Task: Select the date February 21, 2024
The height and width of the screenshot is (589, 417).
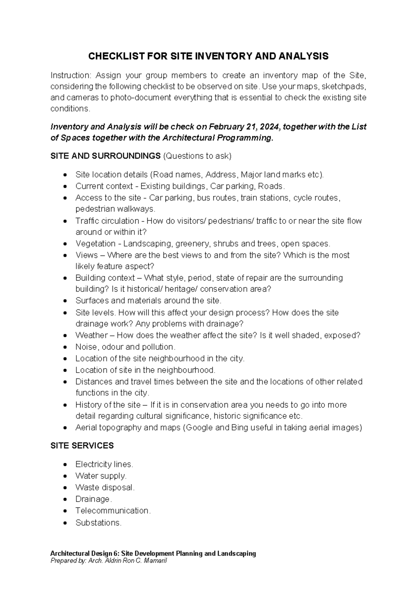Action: pos(240,127)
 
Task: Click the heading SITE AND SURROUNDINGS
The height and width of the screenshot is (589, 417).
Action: pos(105,156)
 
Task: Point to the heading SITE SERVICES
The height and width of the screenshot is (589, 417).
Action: pos(82,446)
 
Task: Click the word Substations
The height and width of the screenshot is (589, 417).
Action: pos(98,522)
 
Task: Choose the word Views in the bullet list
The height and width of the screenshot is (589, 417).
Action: pos(87,255)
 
